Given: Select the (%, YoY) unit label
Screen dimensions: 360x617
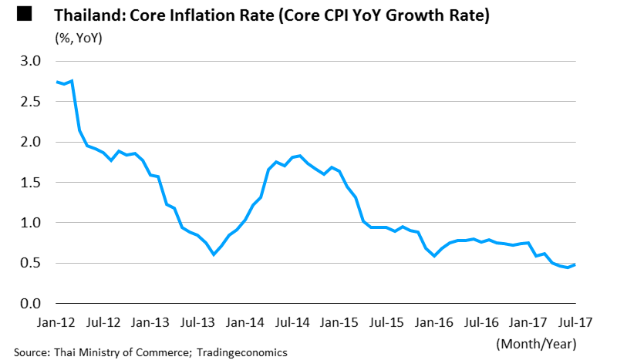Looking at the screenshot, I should coord(79,37).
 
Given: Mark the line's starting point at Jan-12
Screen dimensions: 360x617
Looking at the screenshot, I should coord(57,82).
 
